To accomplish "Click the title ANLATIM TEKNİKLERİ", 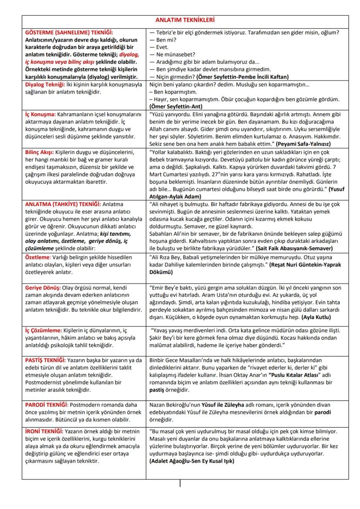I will (x=185, y=20).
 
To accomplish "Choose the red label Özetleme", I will (x=37, y=256).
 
